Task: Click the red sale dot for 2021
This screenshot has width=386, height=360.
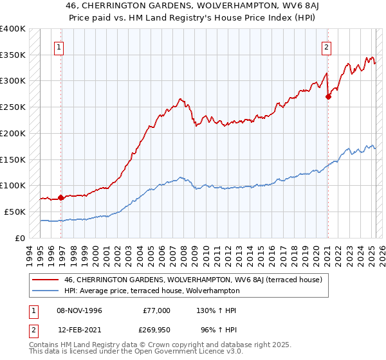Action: (x=328, y=97)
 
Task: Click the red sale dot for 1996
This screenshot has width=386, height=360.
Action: (x=61, y=197)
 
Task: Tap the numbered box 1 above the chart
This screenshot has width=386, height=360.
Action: (x=59, y=46)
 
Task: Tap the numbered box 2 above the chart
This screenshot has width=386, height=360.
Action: (x=326, y=46)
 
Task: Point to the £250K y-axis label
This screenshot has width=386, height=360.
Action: (x=13, y=107)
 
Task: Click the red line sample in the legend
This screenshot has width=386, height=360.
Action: (x=46, y=280)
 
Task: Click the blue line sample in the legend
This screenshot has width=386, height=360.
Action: (x=46, y=291)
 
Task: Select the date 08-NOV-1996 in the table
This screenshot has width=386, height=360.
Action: (x=79, y=310)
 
